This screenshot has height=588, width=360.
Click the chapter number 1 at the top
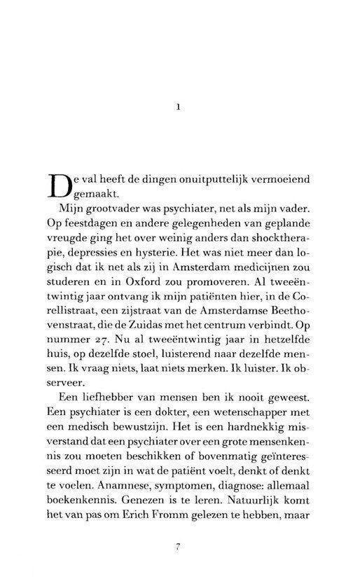coord(179,107)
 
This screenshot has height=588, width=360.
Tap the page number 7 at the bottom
coord(179,547)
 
